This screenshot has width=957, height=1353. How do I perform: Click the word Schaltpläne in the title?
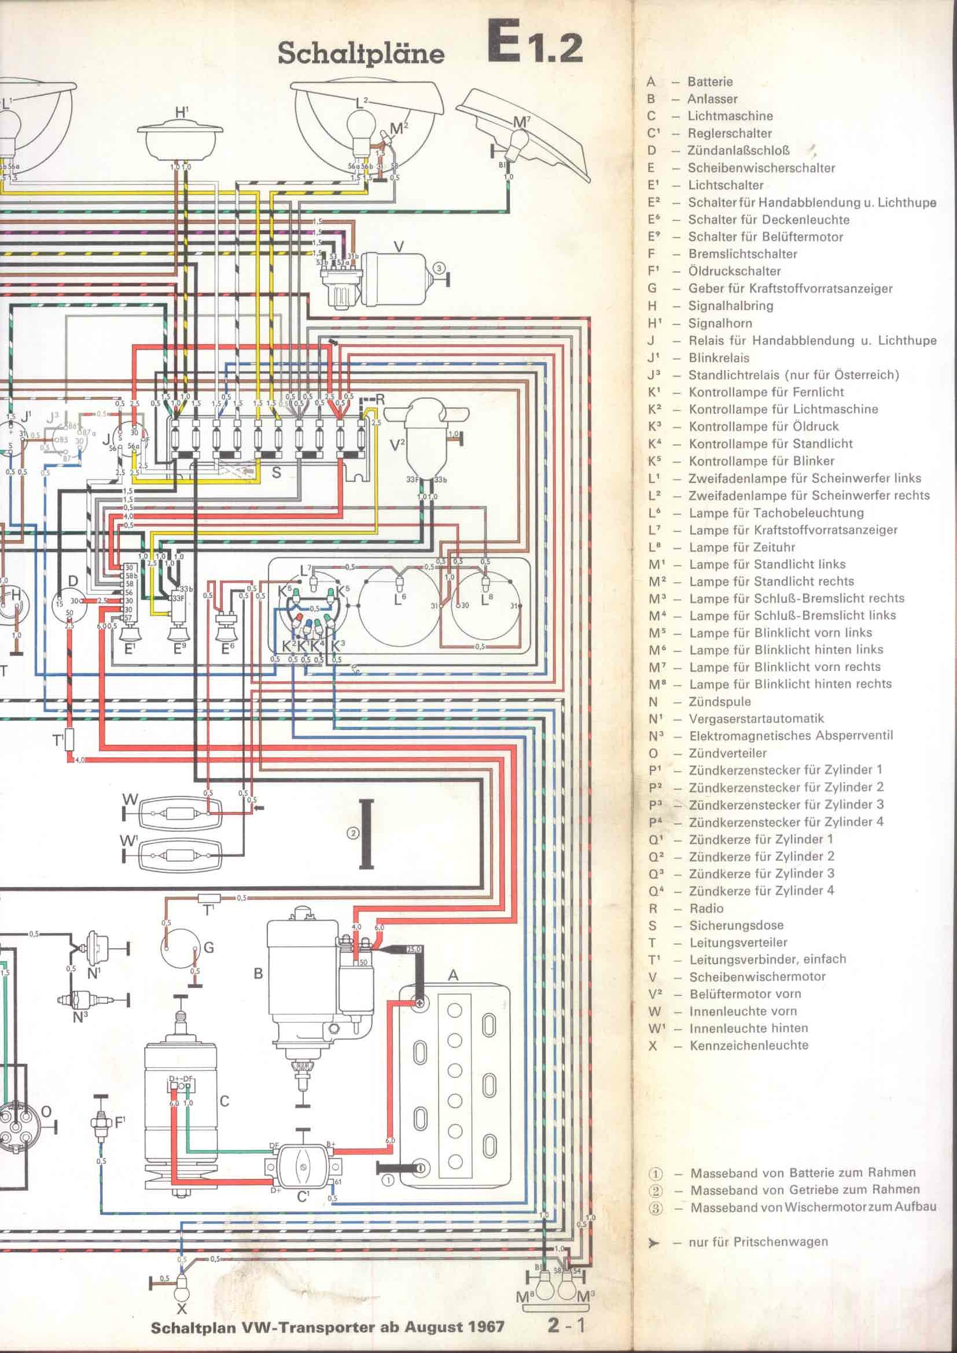(x=360, y=54)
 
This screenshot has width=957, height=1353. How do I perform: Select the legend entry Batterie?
(x=710, y=82)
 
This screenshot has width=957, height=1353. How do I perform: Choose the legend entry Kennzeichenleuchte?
(x=749, y=1045)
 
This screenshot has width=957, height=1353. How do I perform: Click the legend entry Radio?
(x=706, y=908)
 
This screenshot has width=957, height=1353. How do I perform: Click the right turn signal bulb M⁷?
(x=518, y=140)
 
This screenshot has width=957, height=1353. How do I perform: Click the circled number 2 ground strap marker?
(x=353, y=833)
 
